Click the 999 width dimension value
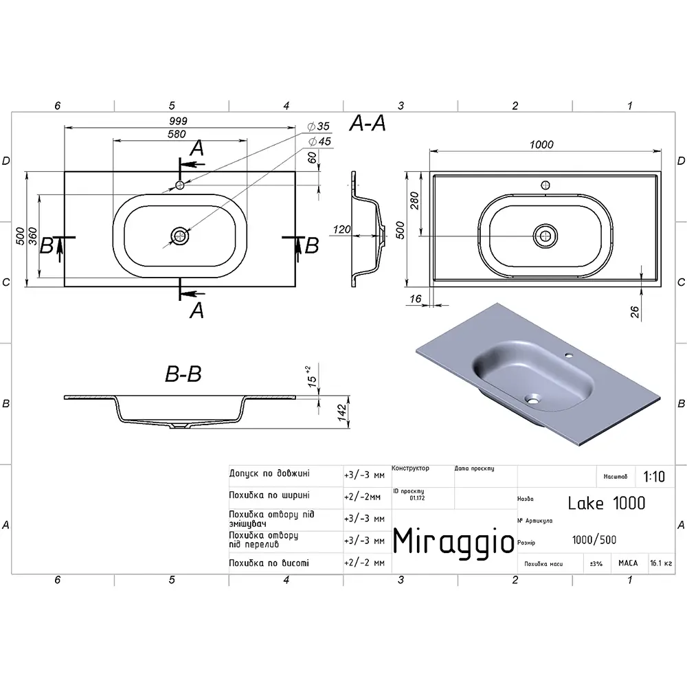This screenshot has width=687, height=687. click(x=178, y=121)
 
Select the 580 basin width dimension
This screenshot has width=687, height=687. click(x=177, y=134)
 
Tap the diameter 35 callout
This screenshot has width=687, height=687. click(x=319, y=126)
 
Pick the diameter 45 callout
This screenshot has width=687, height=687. click(x=319, y=142)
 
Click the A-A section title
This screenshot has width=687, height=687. click(x=367, y=124)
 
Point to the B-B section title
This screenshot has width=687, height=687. click(x=183, y=374)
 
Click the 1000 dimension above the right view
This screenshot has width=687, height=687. click(x=541, y=144)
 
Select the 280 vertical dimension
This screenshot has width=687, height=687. click(x=414, y=201)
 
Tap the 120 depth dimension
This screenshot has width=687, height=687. click(x=341, y=229)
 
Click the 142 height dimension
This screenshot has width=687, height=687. click(x=341, y=413)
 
